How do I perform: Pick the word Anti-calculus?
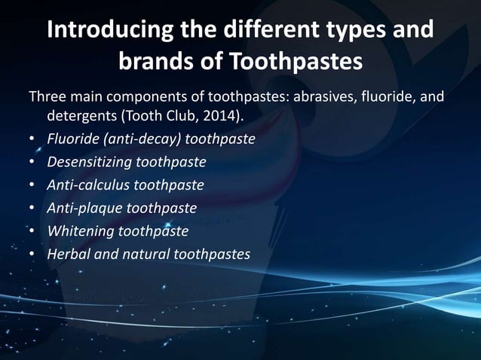tap(90, 185)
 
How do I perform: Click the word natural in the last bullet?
tap(146, 254)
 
